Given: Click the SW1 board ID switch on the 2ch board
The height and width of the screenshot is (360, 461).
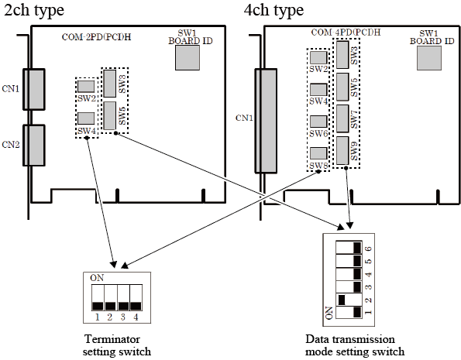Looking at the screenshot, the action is (x=187, y=57).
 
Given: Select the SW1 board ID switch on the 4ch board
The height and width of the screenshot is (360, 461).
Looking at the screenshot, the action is (x=429, y=58).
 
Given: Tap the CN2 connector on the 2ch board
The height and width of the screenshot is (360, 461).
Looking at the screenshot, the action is (x=34, y=146).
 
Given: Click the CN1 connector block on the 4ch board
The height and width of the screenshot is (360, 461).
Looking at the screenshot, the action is (x=266, y=121).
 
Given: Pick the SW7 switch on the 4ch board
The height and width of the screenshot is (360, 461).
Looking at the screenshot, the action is (x=342, y=118).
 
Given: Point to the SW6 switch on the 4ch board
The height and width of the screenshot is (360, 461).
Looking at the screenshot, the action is (x=318, y=122).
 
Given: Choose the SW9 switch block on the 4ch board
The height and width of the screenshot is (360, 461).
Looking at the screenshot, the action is (x=342, y=150).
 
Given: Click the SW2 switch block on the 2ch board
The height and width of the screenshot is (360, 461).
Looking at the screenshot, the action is (x=86, y=87).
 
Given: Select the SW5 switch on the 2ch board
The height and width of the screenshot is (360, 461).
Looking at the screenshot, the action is (x=110, y=116).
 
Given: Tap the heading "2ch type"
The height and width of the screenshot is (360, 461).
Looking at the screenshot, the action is (x=34, y=10).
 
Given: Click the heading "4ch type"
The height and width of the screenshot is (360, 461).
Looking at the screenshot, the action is (x=274, y=10).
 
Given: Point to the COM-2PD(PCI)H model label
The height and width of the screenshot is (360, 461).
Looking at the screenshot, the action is (x=96, y=37).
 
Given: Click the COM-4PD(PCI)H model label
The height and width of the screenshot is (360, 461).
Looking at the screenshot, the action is (x=346, y=32).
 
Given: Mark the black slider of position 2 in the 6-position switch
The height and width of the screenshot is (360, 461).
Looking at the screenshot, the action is (x=342, y=300).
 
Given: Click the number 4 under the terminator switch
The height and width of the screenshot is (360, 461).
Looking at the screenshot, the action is (x=136, y=317).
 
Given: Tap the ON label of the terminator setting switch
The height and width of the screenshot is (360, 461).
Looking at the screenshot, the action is (x=97, y=278).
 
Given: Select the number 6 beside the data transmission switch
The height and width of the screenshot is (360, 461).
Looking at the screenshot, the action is (x=368, y=249).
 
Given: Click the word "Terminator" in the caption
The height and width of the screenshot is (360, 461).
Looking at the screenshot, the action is (x=112, y=339).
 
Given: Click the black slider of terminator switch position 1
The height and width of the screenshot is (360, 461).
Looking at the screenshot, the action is (x=98, y=307).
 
